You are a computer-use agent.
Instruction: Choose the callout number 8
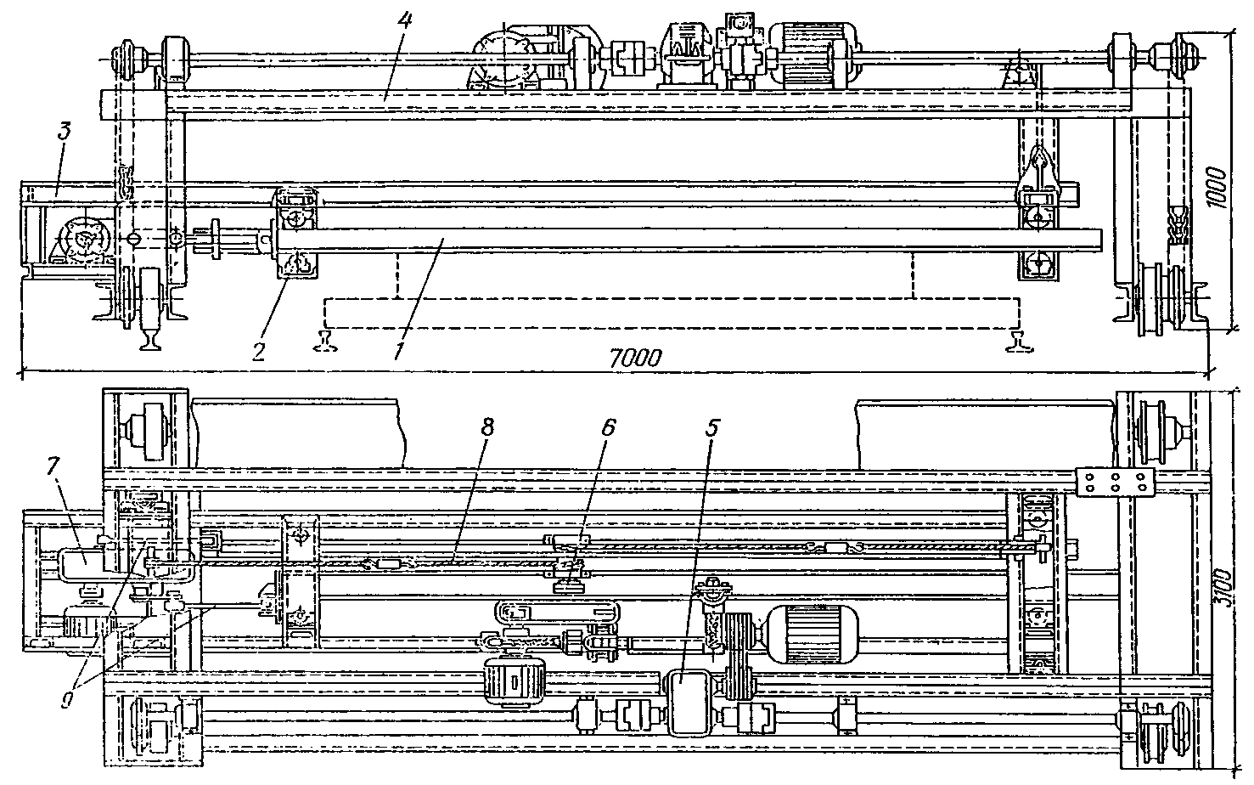point(486,428)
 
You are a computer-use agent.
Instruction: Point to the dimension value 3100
point(1221,586)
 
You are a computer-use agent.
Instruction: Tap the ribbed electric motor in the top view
point(805,54)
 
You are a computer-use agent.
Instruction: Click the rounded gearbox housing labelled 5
point(689,701)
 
